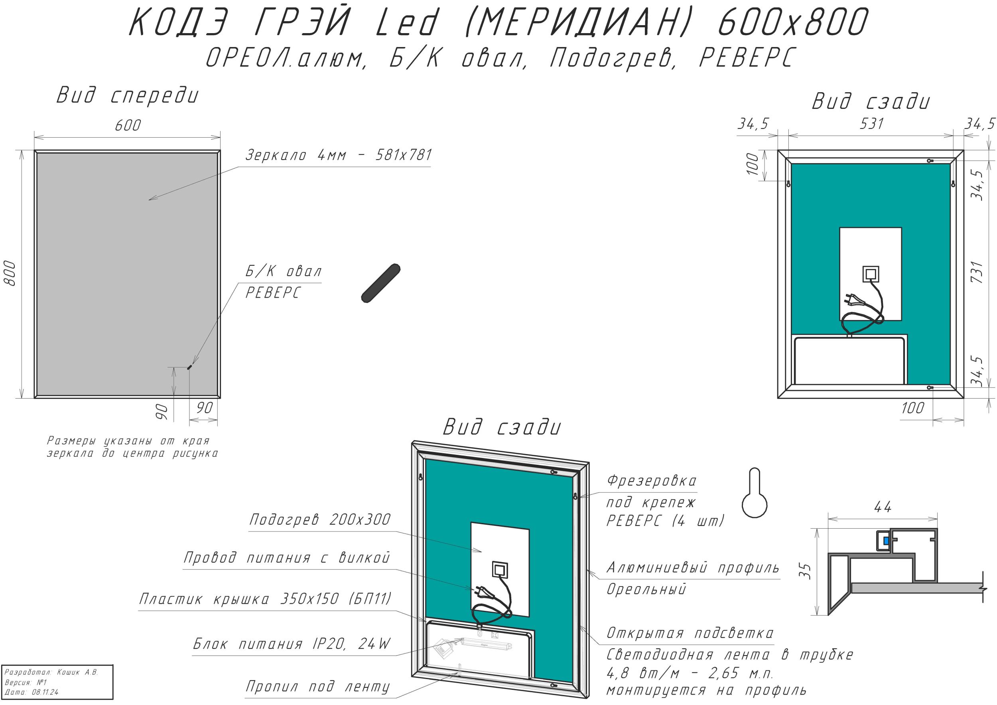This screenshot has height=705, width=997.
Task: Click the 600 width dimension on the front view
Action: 128,126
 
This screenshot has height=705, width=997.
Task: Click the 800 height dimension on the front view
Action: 10,273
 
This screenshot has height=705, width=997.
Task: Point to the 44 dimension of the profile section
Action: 883,507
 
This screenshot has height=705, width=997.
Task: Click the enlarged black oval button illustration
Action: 381,283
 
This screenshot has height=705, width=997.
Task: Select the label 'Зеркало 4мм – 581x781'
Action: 339,155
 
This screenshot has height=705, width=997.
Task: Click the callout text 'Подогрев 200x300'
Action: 320,519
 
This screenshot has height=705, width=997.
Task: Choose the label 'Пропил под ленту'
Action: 318,687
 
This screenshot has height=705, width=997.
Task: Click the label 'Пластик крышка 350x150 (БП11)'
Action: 265,599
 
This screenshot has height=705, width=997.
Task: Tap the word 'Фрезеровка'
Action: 651,481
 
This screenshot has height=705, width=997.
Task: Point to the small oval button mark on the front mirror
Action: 189,367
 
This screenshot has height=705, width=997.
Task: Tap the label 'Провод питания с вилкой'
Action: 287,558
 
